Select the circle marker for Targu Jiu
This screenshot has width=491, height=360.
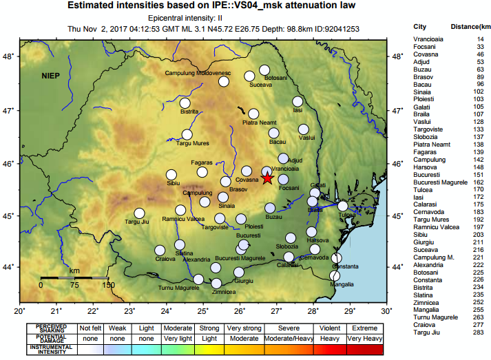coord(139,213)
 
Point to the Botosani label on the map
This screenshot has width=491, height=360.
coord(275,78)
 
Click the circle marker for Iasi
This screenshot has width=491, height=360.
coord(297,102)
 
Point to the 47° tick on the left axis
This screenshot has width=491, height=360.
coord(10,110)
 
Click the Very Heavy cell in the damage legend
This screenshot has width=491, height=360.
coord(368,339)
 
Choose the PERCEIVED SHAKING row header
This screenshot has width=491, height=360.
coord(52,328)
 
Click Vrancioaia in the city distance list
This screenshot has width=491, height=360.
coord(428,40)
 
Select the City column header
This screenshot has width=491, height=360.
coord(420,27)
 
